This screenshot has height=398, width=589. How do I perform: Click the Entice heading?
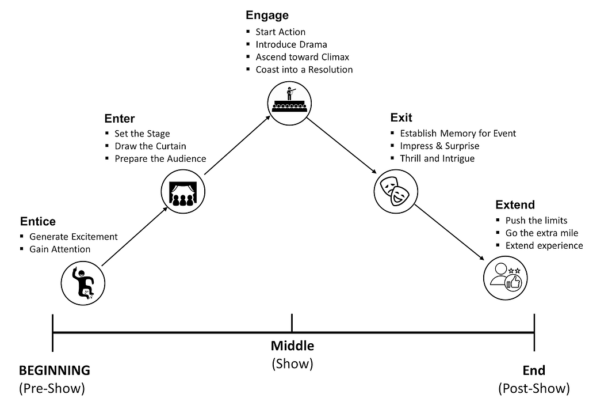point(38,221)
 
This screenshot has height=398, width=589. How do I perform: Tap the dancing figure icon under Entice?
point(83,282)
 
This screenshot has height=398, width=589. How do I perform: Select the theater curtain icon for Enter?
point(182,192)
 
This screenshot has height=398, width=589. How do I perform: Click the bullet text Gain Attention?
point(60,249)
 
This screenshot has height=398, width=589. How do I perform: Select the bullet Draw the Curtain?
point(150,146)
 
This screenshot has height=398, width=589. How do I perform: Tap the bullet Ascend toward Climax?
point(303,57)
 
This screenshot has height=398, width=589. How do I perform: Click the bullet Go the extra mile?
point(542,233)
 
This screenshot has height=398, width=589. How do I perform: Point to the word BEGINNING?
point(55,370)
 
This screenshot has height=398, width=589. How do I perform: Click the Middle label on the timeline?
point(292,346)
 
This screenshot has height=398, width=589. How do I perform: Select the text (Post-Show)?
point(534,388)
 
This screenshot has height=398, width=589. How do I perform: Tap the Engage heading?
point(267,16)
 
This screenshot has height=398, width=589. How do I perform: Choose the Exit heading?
point(401,118)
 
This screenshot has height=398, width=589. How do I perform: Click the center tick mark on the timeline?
point(292,323)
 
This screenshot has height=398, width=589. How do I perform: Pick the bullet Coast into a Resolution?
point(304,70)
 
